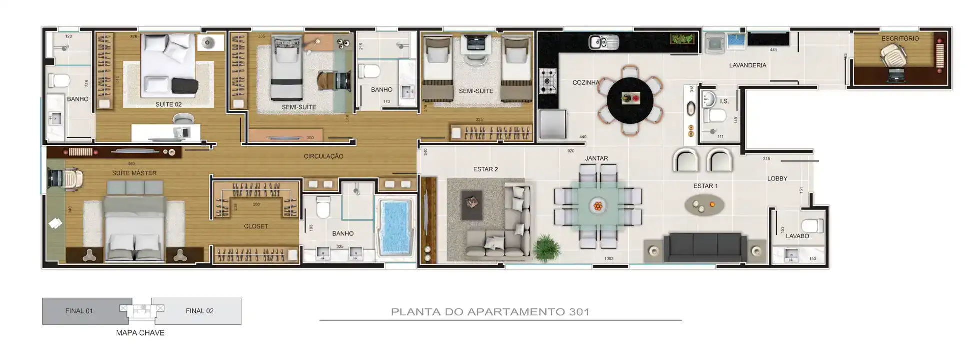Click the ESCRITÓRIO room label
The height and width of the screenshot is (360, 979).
tap(900, 38)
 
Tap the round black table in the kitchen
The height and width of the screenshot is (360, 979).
tap(630, 100)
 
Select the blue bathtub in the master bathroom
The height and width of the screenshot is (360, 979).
tap(396, 227)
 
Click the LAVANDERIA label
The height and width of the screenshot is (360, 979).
tap(747, 65)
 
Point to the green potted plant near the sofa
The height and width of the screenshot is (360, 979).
tap(546, 247)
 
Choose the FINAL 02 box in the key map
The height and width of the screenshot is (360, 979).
tap(200, 311)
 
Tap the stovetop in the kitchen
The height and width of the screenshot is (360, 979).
tap(548, 81)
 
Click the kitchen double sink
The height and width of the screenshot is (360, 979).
tap(603, 42)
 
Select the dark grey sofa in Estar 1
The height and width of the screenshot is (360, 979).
tap(705, 246)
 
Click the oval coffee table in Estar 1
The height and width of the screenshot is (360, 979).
tap(704, 205)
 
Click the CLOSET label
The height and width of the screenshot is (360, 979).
tap(256, 226)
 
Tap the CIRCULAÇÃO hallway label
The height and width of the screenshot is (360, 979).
tap(323, 156)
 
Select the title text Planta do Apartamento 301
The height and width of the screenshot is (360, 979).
tap(490, 312)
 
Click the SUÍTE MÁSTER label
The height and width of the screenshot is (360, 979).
tap(134, 173)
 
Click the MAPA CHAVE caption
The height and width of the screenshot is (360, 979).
tap(140, 333)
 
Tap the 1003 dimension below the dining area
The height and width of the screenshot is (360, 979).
tap(608, 259)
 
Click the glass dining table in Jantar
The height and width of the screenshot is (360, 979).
tap(598, 205)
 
